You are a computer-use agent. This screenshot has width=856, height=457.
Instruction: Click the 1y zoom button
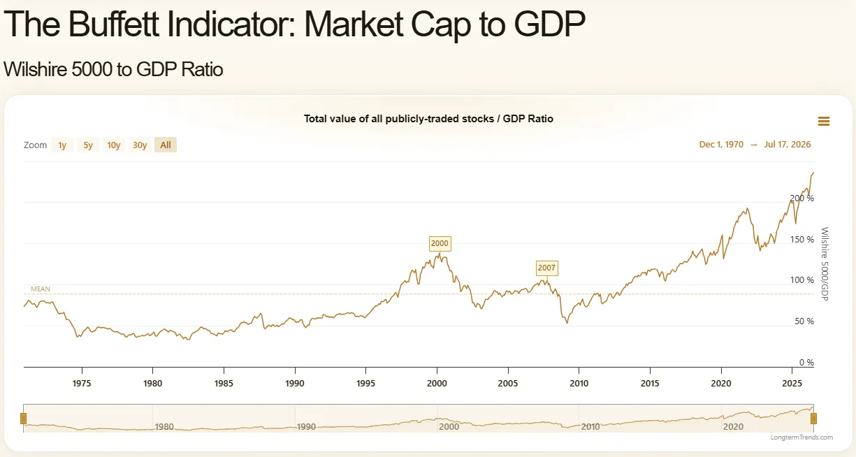62,145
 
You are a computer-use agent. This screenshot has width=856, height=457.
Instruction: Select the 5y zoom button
88,145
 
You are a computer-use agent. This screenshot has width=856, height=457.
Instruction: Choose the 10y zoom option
113,145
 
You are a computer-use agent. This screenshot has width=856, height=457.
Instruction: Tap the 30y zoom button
140,145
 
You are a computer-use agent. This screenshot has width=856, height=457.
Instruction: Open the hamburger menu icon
824,122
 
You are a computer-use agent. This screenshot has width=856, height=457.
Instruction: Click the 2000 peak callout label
440,243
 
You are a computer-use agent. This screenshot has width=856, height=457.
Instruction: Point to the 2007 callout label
546,268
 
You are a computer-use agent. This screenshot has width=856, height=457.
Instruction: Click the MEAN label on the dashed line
41,289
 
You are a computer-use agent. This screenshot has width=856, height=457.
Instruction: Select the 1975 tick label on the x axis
82,383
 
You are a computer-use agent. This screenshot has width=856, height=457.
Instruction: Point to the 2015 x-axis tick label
650,383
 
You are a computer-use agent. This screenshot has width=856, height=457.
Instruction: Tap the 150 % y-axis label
801,240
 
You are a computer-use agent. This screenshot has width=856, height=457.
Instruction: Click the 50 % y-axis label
804,321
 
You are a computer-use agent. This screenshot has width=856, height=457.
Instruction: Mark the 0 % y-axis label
806,362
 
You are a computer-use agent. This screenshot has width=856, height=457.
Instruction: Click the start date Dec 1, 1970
721,145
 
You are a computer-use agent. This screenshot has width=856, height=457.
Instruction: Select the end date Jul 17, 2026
788,145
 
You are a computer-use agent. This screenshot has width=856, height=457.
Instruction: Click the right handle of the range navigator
813,419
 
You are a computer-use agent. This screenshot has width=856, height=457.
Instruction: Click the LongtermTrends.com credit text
801,437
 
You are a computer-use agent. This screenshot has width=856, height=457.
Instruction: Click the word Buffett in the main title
113,24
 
